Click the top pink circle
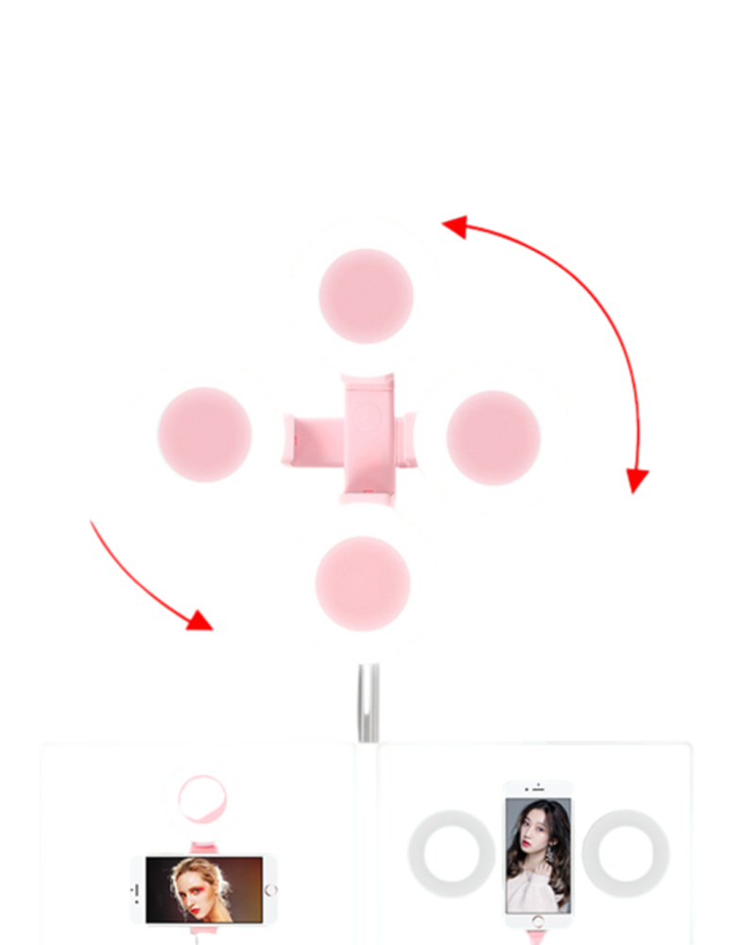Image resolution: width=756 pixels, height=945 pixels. tap(366, 296)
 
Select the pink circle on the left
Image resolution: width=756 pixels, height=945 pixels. tap(204, 435)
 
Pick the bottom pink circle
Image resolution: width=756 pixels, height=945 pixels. tap(363, 583)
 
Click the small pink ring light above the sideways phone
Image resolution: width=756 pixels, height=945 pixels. tap(199, 797)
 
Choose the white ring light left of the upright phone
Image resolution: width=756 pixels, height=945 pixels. tap(452, 853)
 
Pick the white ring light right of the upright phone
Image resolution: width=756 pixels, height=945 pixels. tap(626, 853)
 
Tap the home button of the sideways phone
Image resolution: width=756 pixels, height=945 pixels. tap(270, 890)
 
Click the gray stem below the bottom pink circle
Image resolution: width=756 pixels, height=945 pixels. tap(367, 704)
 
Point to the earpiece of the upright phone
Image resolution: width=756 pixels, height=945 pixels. tap(536, 787)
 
